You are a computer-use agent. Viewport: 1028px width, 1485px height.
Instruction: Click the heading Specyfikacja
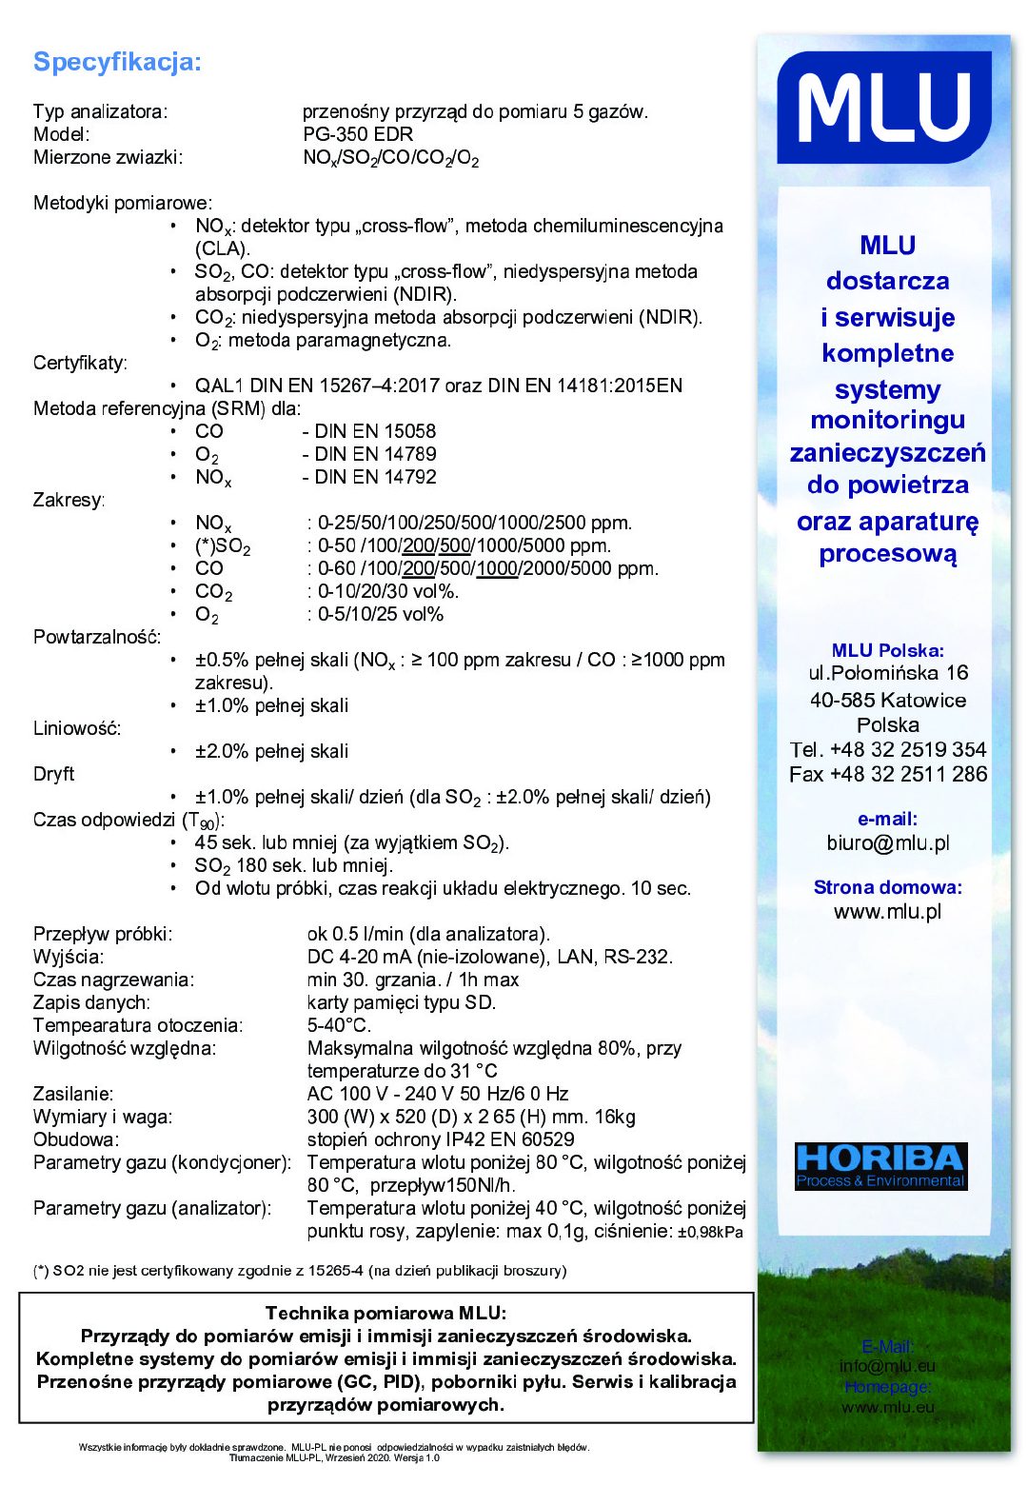click(x=117, y=63)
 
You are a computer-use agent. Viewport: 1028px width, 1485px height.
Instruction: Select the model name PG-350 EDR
click(x=358, y=134)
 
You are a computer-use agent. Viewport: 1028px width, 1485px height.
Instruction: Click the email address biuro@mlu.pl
click(x=887, y=842)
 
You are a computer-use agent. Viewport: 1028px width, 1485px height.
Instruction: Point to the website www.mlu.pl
click(x=887, y=911)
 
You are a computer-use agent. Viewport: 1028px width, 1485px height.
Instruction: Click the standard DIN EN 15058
click(x=375, y=431)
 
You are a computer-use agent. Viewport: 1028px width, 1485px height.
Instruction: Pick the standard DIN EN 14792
click(x=375, y=477)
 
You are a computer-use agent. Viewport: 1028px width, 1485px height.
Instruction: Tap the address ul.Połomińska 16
click(x=887, y=673)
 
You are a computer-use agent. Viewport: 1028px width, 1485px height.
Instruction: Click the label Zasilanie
click(x=73, y=1094)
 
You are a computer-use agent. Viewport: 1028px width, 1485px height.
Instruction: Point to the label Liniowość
click(x=77, y=728)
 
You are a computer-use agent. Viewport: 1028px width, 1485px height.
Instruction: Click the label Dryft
click(x=53, y=774)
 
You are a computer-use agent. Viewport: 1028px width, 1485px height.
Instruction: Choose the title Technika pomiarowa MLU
click(x=385, y=1313)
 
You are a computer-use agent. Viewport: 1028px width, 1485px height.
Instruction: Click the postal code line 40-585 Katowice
click(x=887, y=700)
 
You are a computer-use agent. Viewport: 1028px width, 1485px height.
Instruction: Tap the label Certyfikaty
click(x=80, y=363)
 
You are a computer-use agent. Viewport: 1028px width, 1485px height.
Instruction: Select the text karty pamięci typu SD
click(x=401, y=1002)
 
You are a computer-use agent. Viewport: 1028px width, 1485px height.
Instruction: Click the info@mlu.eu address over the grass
click(x=887, y=1366)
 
